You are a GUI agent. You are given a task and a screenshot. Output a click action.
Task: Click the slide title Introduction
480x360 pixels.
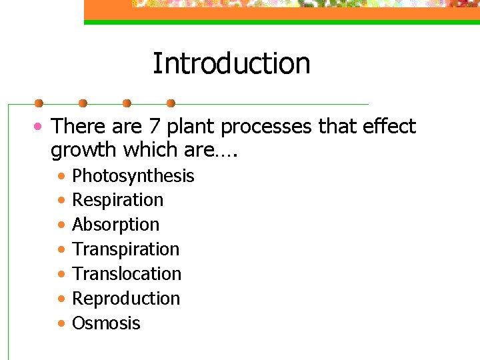231,64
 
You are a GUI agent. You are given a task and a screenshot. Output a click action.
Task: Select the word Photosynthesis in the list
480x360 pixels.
133,176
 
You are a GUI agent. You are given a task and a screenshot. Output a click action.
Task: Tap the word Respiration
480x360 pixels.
117,200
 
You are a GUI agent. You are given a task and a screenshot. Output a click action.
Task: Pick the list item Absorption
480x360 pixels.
115,225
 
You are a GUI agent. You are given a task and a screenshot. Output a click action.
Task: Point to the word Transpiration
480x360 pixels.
125,249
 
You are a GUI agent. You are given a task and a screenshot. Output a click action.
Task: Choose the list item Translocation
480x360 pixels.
127,274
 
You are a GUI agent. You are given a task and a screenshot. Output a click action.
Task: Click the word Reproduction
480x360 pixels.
126,299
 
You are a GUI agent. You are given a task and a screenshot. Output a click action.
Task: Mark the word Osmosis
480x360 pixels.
106,323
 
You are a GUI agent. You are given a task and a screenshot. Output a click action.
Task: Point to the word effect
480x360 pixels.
389,127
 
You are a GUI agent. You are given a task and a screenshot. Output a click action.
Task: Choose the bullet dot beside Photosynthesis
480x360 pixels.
61,177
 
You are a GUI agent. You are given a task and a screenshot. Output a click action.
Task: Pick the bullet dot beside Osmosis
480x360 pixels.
61,324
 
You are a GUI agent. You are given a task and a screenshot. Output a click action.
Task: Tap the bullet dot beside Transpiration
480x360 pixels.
61,250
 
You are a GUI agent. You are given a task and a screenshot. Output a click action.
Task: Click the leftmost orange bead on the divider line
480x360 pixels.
39,103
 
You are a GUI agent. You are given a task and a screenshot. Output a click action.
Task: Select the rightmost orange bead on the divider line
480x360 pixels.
171,103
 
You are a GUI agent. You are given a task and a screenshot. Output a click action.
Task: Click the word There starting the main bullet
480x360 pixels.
77,127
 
